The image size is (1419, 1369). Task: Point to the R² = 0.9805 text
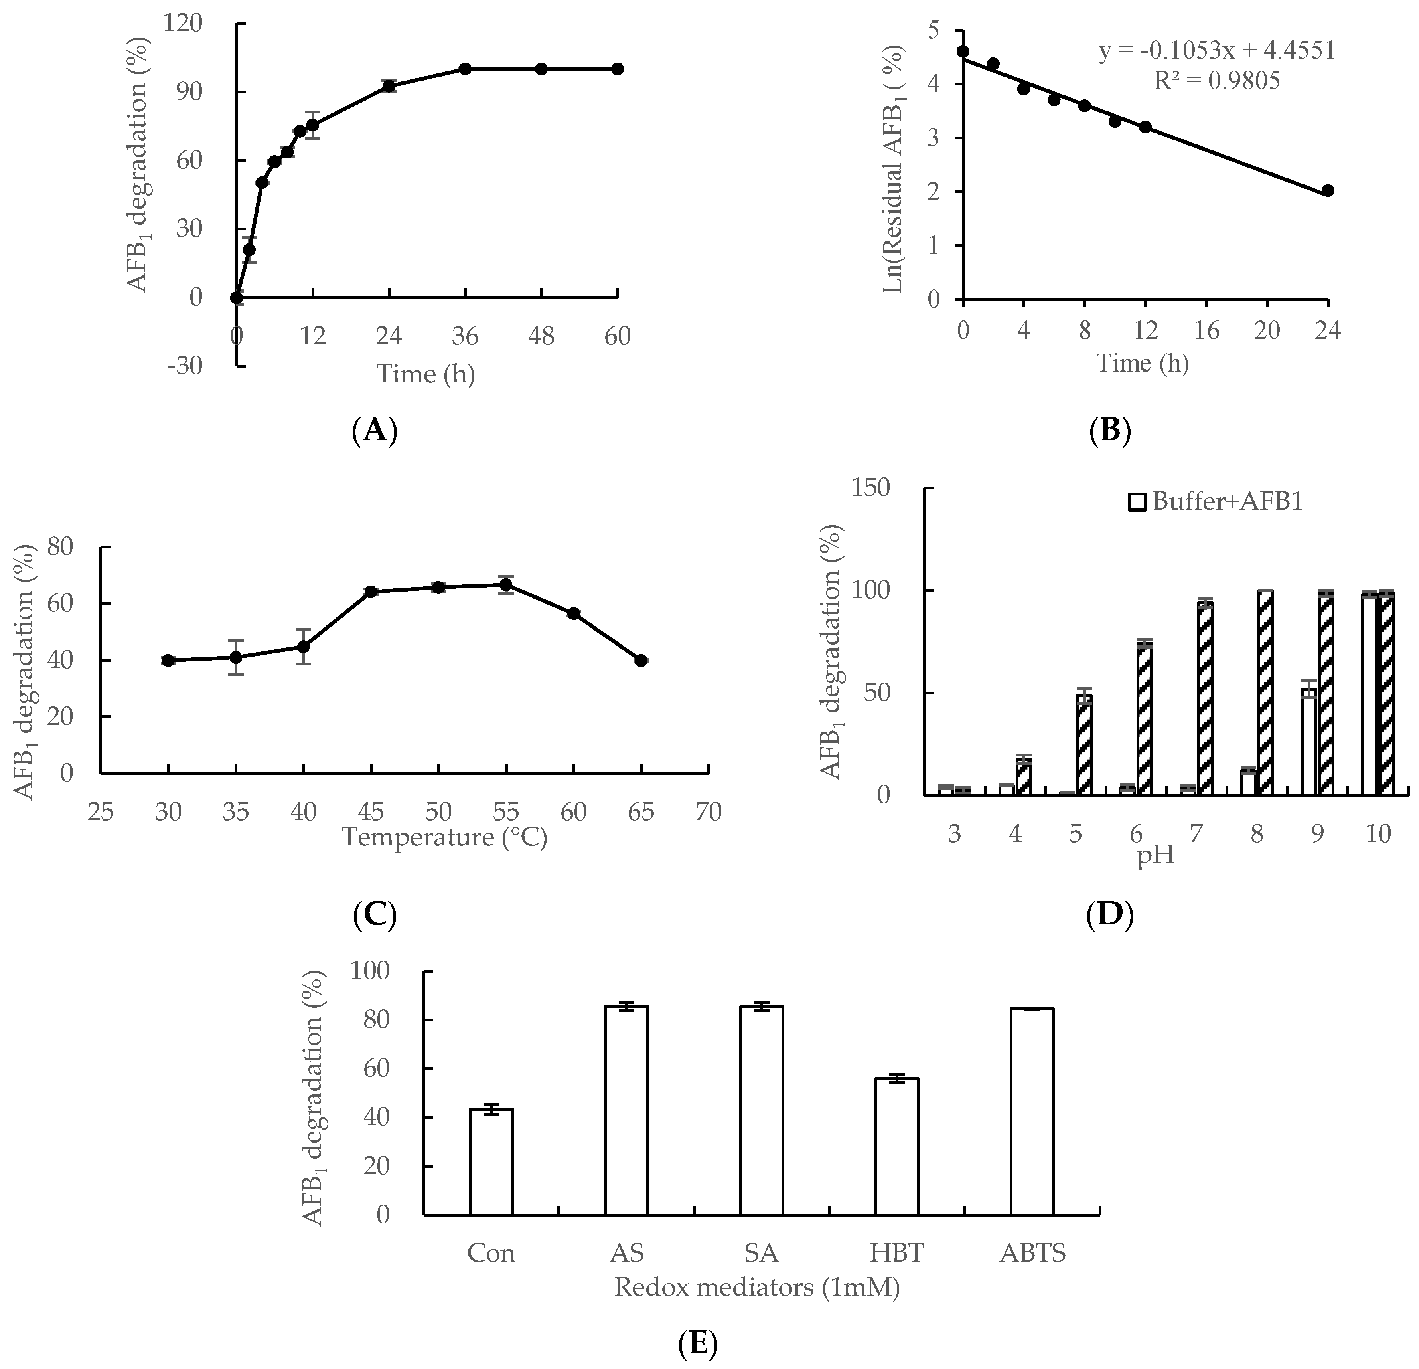coord(1216,80)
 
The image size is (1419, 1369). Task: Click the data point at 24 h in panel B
coord(1328,190)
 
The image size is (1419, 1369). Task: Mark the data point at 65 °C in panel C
coord(641,660)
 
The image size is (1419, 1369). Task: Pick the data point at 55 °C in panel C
coord(506,585)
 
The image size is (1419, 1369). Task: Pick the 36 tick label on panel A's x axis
coord(465,336)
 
